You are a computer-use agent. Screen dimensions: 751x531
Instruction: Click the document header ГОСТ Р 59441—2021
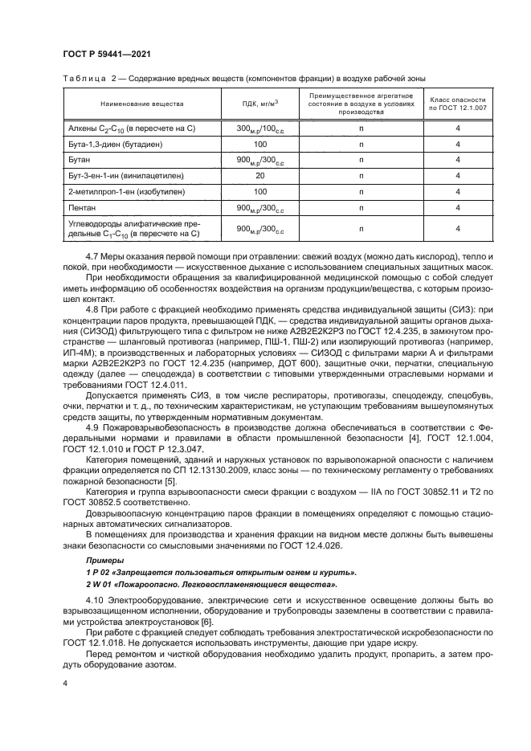108,54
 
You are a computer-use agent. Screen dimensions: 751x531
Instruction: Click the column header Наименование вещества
142,104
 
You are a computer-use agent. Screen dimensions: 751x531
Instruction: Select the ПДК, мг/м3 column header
259,104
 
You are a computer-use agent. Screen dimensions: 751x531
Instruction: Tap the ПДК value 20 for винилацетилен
259,175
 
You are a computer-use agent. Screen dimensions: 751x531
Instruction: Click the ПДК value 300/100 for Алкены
259,129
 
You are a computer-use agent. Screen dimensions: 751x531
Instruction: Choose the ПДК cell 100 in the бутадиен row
259,144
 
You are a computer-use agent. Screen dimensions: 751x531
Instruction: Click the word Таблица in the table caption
83,78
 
